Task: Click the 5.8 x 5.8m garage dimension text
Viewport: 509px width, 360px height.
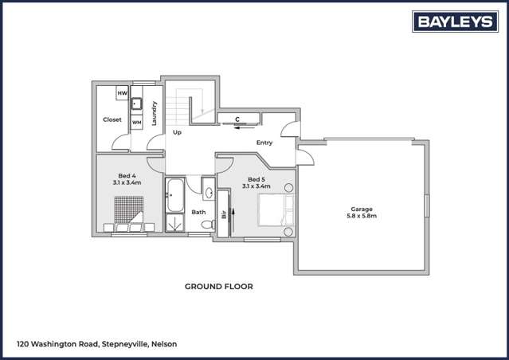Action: click(361, 216)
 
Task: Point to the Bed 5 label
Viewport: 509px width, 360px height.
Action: click(256, 179)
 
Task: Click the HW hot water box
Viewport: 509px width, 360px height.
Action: click(122, 93)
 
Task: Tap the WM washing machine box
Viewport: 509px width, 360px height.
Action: click(136, 122)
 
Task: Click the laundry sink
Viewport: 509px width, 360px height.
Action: click(136, 104)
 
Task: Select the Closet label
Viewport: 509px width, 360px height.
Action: click(112, 119)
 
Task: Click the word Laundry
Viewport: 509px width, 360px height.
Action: click(154, 112)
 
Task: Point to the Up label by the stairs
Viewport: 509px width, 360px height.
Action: click(177, 132)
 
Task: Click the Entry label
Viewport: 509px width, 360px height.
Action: click(264, 143)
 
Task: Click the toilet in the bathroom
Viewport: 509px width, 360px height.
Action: click(207, 226)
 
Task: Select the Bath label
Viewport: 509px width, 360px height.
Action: click(198, 212)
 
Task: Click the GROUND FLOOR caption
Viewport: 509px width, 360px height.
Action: click(218, 286)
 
